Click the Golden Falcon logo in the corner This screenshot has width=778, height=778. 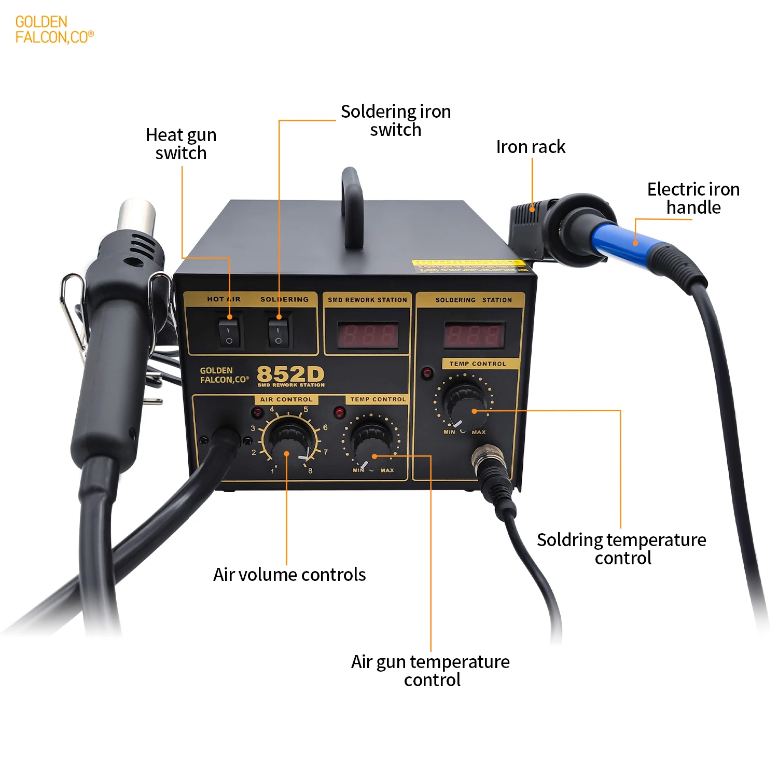[x=54, y=30]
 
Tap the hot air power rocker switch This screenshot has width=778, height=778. [x=229, y=332]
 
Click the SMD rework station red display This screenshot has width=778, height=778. [x=368, y=335]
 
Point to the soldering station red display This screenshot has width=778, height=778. [x=474, y=335]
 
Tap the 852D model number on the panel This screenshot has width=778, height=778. [x=290, y=374]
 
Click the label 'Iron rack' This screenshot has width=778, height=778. [x=531, y=147]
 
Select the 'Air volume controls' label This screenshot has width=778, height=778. [x=289, y=575]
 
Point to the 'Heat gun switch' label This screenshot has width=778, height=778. [x=181, y=144]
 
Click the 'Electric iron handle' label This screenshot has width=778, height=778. [x=693, y=198]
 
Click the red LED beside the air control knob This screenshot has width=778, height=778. [x=257, y=413]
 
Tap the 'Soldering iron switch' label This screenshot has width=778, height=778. [x=396, y=120]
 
